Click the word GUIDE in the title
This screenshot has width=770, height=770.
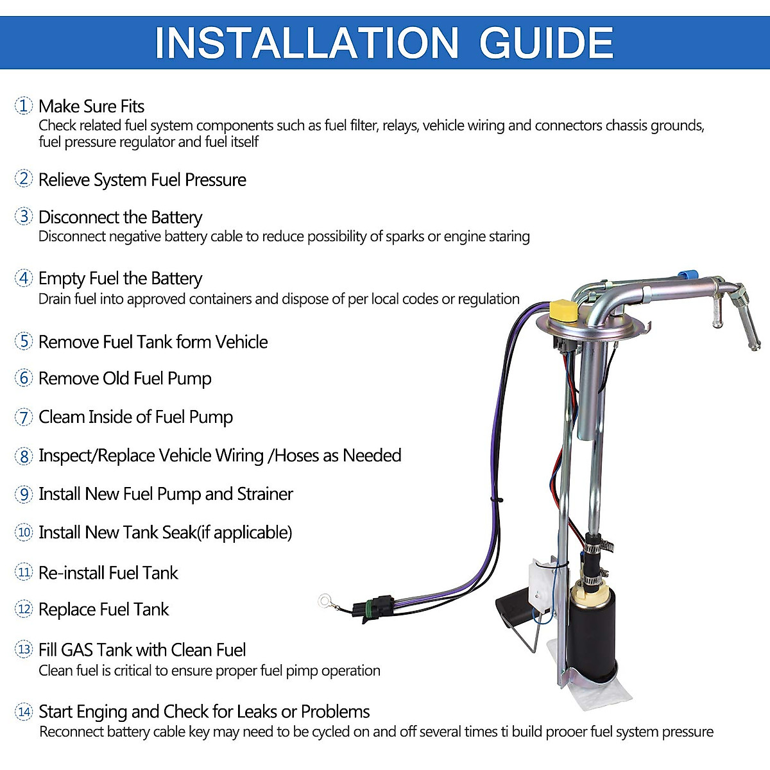click(x=546, y=43)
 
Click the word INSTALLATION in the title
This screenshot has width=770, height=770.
click(x=307, y=43)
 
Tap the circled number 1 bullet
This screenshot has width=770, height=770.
click(x=24, y=106)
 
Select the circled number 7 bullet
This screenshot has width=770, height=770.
click(x=24, y=417)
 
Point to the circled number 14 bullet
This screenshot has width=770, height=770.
click(x=24, y=712)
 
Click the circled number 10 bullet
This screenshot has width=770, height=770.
click(x=24, y=533)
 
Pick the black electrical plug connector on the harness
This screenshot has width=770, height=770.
click(x=378, y=608)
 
